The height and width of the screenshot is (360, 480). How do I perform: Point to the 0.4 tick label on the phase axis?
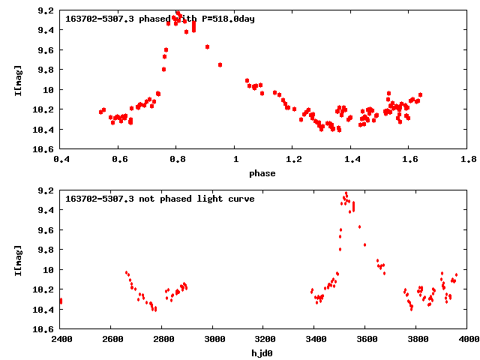[x=61, y=159]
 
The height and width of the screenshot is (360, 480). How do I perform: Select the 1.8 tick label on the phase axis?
[x=469, y=159]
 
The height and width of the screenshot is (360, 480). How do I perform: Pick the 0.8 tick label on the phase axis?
[x=177, y=159]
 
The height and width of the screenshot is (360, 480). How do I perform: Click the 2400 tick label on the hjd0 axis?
[x=61, y=339]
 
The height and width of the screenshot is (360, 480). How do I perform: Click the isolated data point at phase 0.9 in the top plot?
[x=208, y=46]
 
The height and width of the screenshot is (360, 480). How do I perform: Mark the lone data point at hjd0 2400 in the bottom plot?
[x=61, y=301]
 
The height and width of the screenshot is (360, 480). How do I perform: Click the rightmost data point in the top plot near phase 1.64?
[x=420, y=94]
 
